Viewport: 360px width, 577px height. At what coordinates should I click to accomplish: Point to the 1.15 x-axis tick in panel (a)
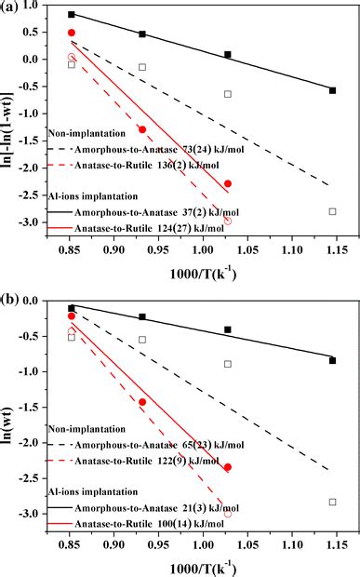pyautogui.click(x=333, y=250)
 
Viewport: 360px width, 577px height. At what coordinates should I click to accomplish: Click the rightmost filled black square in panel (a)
pyautogui.click(x=332, y=90)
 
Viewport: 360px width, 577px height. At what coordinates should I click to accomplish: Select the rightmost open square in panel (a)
pyautogui.click(x=332, y=211)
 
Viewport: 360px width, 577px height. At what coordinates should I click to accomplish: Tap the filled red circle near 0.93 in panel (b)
pyautogui.click(x=142, y=402)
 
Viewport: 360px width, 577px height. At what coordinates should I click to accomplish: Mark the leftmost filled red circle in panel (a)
pyautogui.click(x=72, y=33)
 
